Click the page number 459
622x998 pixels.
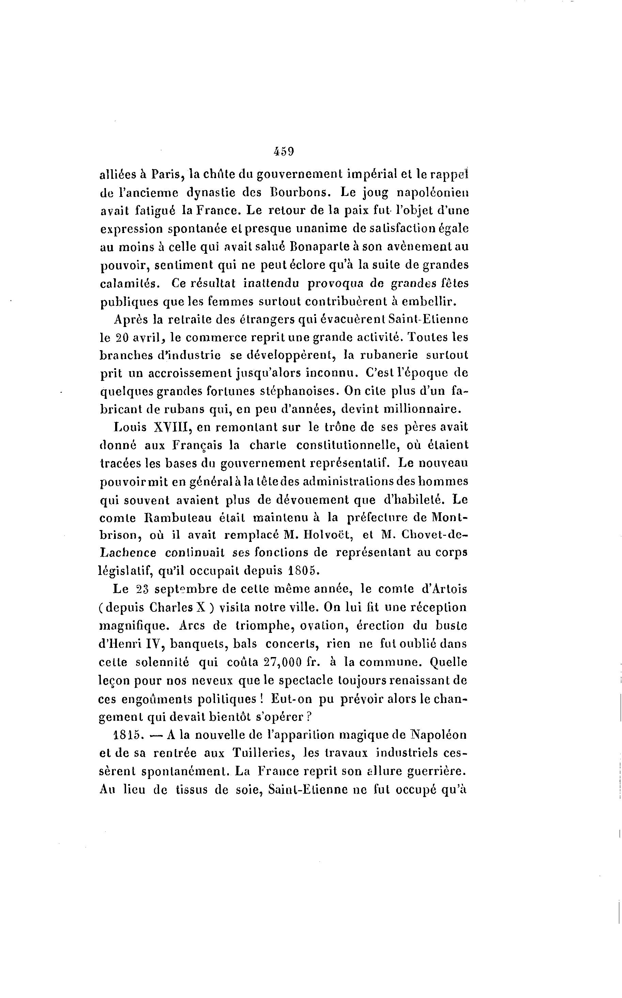(283, 151)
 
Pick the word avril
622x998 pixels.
(148, 337)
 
